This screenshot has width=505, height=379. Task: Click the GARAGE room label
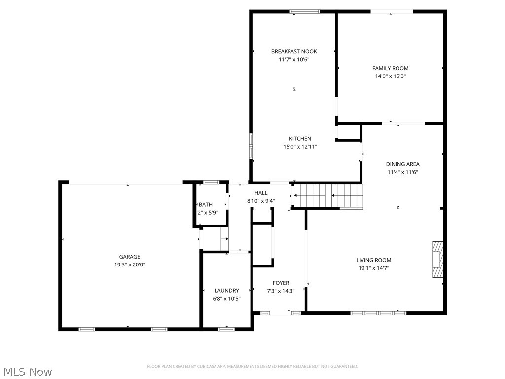pos(129,257)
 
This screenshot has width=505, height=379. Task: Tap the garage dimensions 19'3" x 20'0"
pos(129,265)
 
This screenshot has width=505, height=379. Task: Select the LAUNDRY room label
pos(227,291)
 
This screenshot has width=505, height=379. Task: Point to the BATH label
pos(206,205)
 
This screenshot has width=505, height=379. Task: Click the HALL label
pos(261,193)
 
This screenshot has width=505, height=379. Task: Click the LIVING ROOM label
pos(374,260)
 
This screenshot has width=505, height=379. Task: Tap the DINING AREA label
pos(402,164)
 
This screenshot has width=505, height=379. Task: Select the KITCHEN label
pos(300,139)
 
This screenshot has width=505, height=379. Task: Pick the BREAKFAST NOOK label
pos(294,51)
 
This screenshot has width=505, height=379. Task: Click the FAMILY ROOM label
pos(390,68)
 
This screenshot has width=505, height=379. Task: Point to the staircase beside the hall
pos(328,196)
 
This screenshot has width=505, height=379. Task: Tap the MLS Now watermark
pos(27,371)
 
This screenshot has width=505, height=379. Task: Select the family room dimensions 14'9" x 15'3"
pos(390,76)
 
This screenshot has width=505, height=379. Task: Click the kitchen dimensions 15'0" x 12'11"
pos(300,147)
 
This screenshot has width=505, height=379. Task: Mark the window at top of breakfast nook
pos(304,11)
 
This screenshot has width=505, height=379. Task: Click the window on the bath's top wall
pos(211,182)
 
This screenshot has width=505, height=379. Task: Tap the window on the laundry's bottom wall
pos(226,329)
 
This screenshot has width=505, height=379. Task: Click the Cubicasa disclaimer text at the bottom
pos(252,366)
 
